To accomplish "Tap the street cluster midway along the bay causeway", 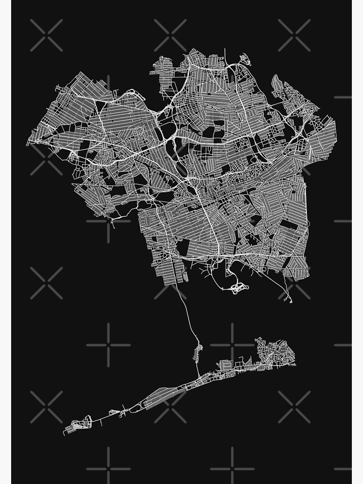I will coord(198,352).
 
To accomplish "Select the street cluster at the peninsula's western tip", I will coord(77,426).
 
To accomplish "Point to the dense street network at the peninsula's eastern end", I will coord(273,349).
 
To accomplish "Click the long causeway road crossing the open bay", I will coord(186,315).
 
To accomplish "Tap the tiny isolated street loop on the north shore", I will coord(245,60).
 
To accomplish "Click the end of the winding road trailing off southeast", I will coord(291,302).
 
